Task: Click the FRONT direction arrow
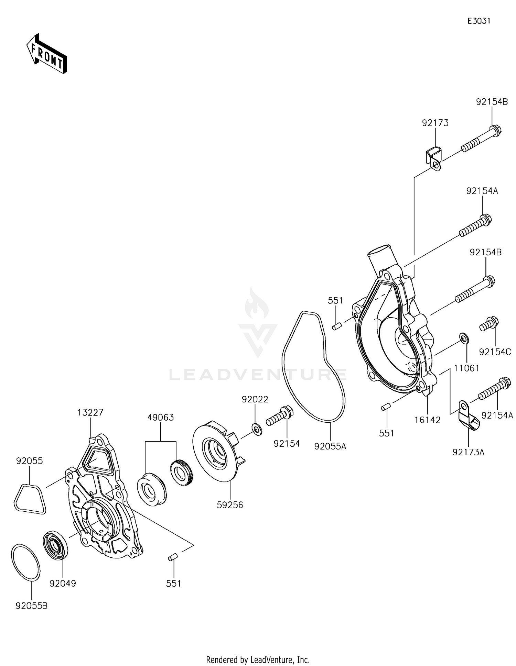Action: click(46, 54)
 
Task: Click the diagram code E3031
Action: click(479, 21)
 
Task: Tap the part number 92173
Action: click(435, 123)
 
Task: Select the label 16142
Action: click(427, 420)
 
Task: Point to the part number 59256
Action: click(230, 505)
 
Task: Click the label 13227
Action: click(90, 412)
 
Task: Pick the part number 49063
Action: click(161, 418)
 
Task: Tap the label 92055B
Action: click(32, 606)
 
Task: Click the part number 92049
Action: click(63, 583)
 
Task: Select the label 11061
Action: click(466, 368)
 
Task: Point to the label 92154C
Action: click(495, 352)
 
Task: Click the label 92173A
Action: click(468, 452)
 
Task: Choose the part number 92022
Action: click(255, 399)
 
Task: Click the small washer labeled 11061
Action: click(463, 338)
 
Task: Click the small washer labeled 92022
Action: click(257, 429)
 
